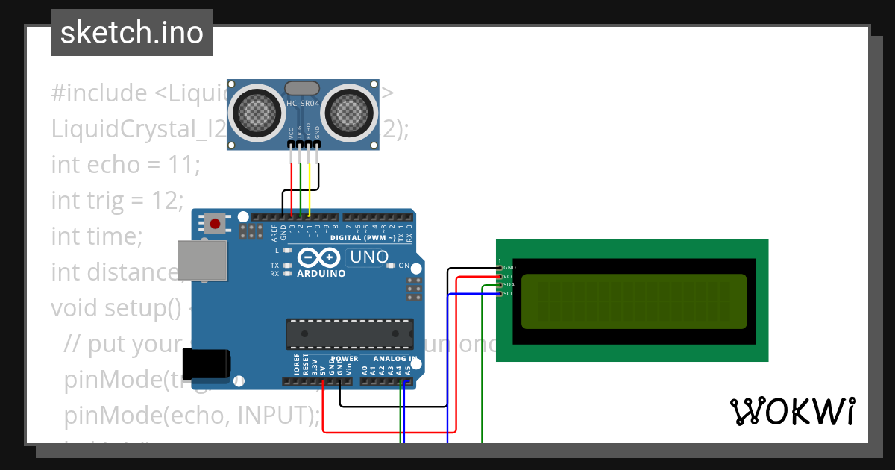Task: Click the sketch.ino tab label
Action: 131,33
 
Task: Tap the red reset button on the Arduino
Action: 216,222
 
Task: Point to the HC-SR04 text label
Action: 304,102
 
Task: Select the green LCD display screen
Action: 633,301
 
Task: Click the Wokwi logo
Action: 792,411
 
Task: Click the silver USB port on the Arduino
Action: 201,260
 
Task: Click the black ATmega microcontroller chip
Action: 350,333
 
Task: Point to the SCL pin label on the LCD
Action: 508,293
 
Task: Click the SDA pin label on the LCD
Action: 508,284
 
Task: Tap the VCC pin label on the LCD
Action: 508,276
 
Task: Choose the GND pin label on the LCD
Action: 509,267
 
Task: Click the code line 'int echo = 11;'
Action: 125,164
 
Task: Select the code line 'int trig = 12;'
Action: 117,200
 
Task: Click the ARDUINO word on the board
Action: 321,274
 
